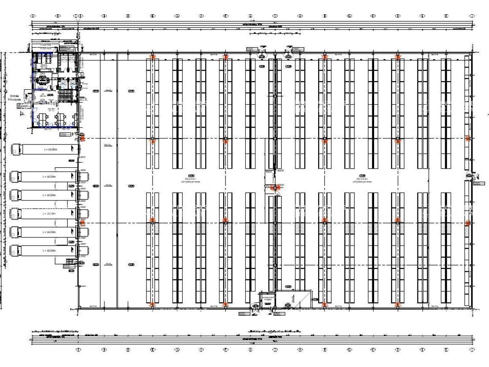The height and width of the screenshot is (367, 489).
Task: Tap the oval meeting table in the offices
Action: coord(42,80)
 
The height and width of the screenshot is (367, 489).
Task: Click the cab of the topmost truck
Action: coord(15,150)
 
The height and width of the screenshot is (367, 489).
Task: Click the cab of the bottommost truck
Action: coord(15,250)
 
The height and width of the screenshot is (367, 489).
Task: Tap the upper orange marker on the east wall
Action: coord(467,138)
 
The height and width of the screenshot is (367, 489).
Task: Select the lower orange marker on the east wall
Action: coord(467,223)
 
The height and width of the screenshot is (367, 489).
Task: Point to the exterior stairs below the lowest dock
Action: coord(69,262)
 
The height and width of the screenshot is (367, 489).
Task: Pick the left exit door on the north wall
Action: coord(262,52)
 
